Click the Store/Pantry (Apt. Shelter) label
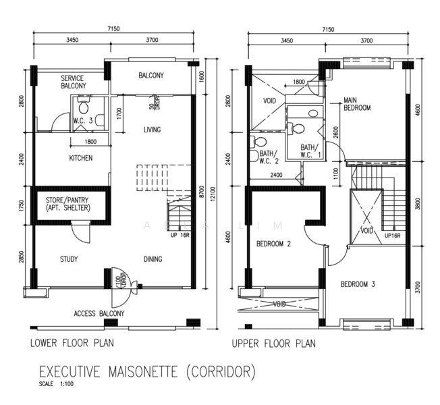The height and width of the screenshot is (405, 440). pos(67,204)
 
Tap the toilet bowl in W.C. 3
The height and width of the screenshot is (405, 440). pos(83,105)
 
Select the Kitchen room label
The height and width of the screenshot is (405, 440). pos(81,158)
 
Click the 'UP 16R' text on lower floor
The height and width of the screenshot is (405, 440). pos(180,235)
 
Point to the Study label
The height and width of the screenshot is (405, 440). pos(69,259)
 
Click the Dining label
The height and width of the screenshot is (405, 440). pos(153,259)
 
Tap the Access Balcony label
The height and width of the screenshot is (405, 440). pos(99,313)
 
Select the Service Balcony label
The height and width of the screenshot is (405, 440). pos(74,82)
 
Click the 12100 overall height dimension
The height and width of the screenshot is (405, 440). pos(213,194)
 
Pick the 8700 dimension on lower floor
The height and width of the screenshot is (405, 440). pos(202,192)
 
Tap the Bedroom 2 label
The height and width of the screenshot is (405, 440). pos(273,244)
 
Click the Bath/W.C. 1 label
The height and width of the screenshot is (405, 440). pos(310,151)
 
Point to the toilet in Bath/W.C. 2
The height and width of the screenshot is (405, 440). pos(258,142)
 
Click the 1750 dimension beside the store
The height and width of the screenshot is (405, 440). pos(22,206)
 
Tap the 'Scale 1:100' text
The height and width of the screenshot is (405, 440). pos(56,384)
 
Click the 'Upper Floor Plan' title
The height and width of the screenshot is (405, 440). pos(273,344)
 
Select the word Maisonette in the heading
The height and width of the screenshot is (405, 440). pos(143,372)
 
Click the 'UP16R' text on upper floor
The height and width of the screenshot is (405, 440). pos(392,236)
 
